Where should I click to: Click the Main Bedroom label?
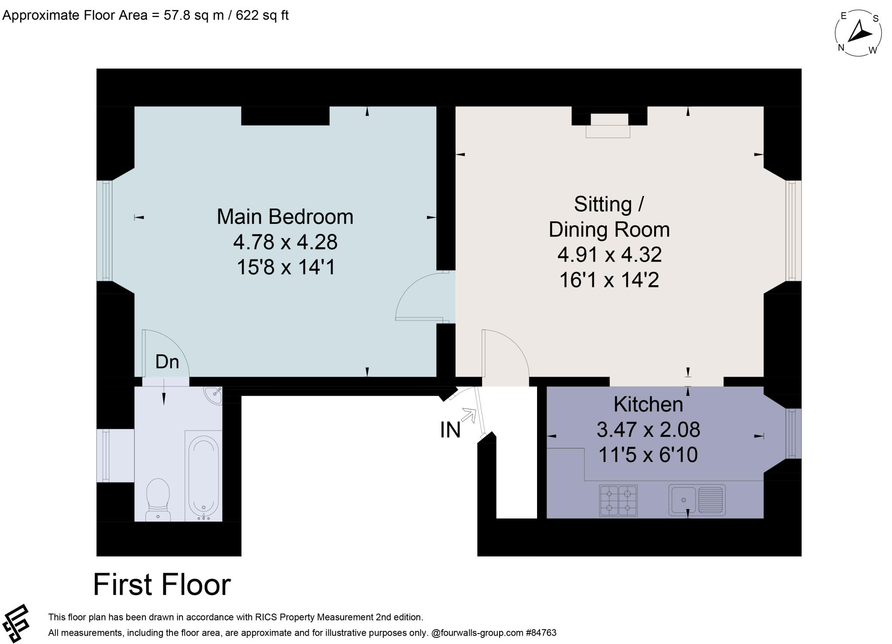click(285, 217)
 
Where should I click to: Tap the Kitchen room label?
click(648, 405)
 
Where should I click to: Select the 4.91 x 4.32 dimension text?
click(609, 255)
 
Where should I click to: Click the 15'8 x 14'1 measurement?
click(286, 267)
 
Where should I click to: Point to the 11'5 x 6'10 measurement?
click(648, 455)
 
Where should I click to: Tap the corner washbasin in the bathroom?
click(214, 394)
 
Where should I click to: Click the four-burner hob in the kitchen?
click(618, 500)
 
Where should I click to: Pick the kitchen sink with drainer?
click(697, 500)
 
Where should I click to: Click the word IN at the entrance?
click(450, 430)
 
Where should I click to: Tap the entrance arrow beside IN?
click(469, 415)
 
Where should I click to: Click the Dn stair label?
click(167, 362)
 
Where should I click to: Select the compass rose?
click(858, 34)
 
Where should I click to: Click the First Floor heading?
click(162, 585)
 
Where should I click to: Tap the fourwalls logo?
click(16, 623)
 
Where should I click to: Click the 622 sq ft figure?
click(262, 16)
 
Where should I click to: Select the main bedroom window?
click(105, 230)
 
